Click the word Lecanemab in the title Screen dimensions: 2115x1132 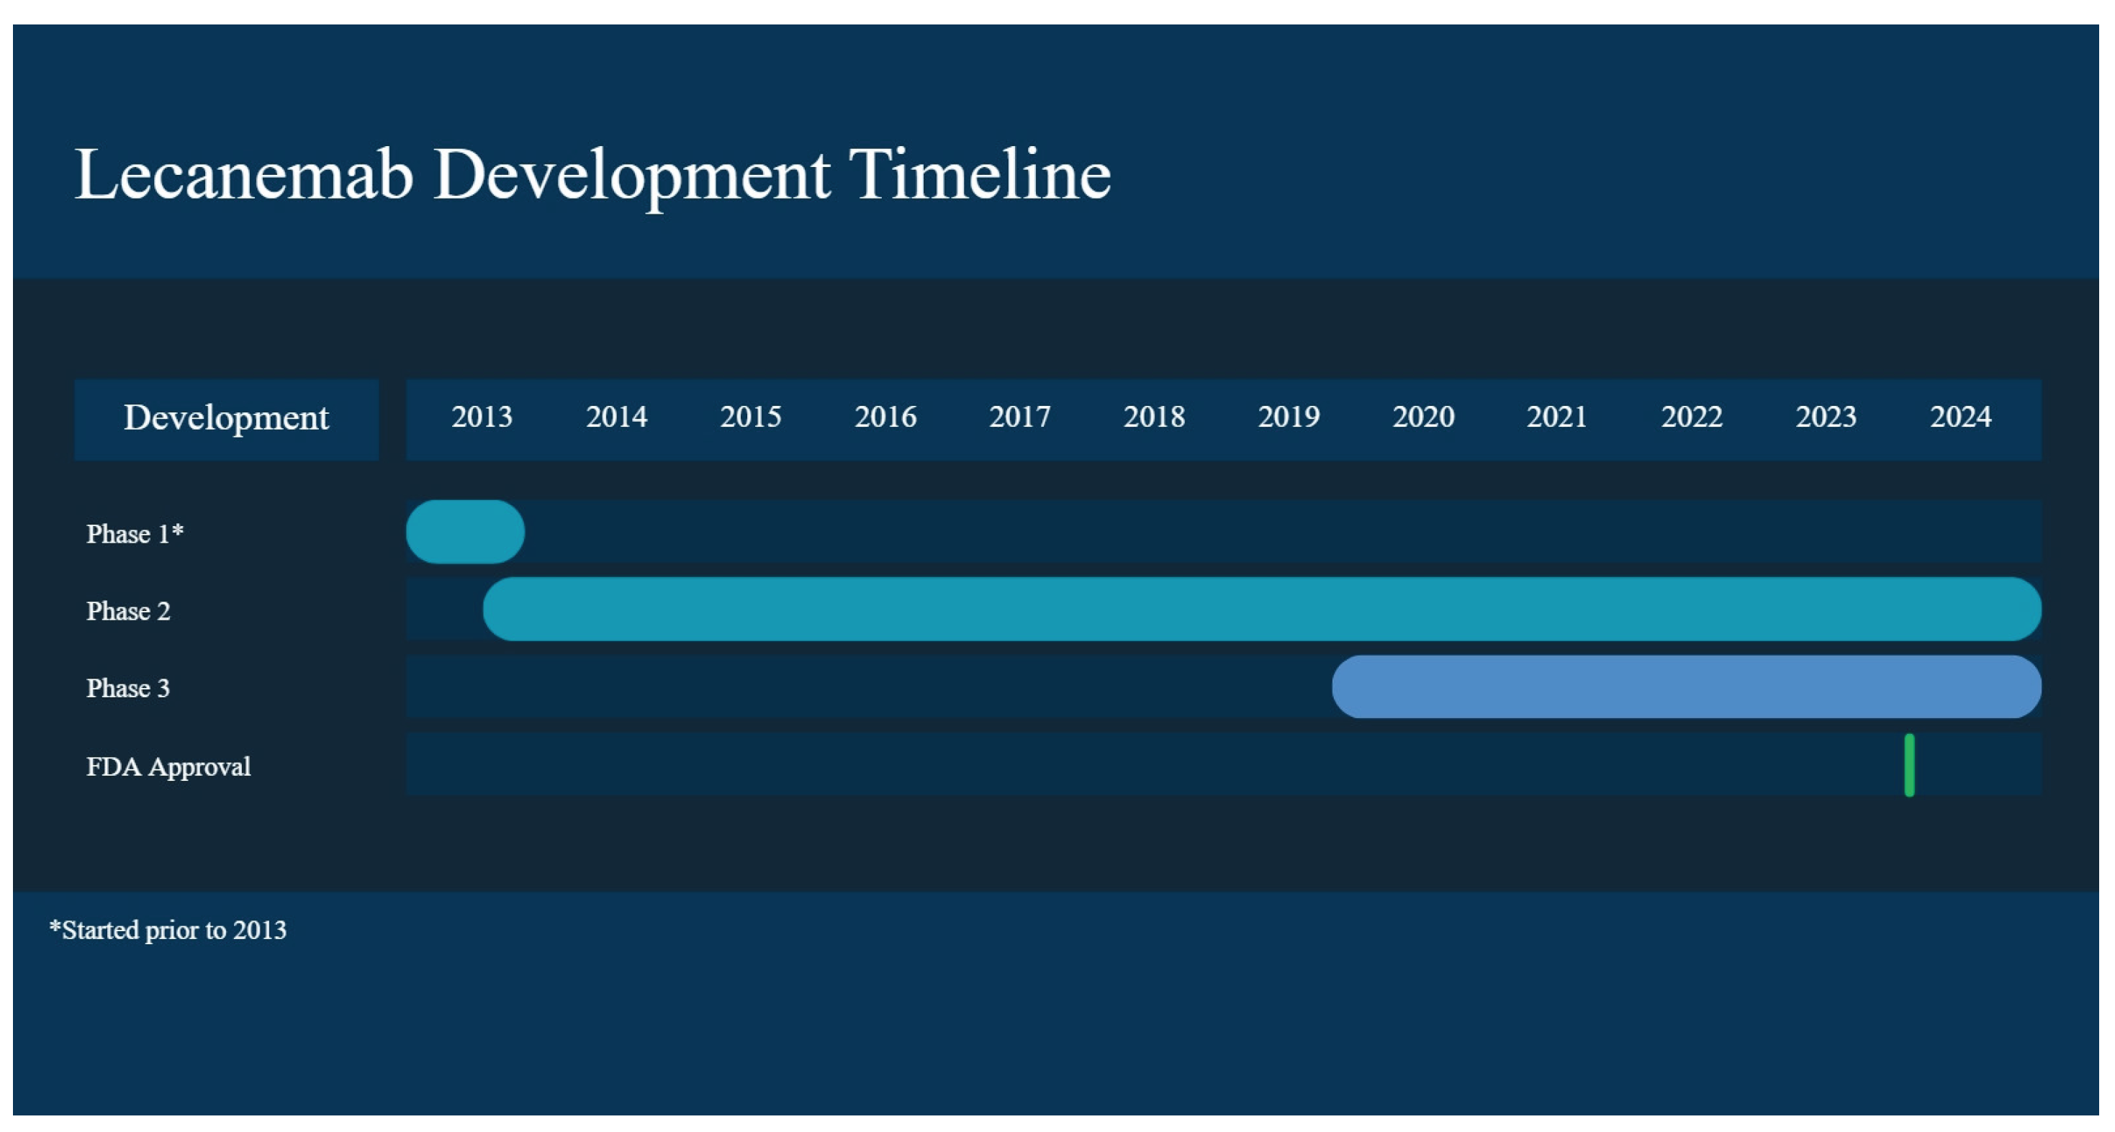(244, 175)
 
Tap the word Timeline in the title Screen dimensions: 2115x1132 (980, 175)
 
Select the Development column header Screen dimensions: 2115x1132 (226, 419)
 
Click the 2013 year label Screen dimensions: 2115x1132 (482, 417)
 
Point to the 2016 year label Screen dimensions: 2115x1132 (885, 417)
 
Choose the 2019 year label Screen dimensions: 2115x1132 (1288, 417)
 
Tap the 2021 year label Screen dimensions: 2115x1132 (1556, 417)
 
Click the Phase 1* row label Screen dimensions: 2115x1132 (135, 533)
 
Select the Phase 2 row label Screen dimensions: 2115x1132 (128, 611)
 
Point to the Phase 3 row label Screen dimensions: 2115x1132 (128, 688)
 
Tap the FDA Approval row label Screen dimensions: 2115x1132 (168, 766)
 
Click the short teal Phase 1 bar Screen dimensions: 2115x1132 (465, 532)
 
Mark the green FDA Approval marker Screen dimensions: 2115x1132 (1909, 765)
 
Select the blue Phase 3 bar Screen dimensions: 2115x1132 (1687, 687)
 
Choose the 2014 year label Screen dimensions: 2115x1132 (617, 417)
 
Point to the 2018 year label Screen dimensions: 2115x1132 (1153, 417)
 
